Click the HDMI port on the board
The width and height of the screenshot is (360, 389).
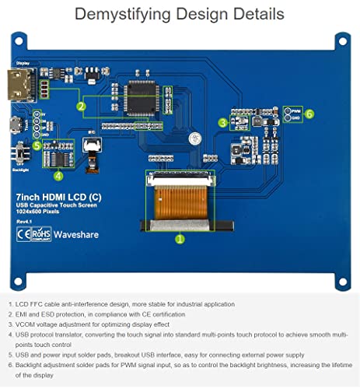pos(17,84)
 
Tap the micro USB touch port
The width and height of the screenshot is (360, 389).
pos(17,124)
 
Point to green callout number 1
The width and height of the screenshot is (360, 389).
pos(180,240)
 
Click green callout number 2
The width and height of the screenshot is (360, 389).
pos(80,106)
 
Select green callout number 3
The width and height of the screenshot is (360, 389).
pos(222,122)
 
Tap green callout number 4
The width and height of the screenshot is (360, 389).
pos(58,175)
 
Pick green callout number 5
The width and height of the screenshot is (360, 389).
pos(37,145)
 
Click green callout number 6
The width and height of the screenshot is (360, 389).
pos(309,114)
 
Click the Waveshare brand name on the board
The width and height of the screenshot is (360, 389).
pos(77,233)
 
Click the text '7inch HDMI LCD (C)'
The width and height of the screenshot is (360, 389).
pos(50,199)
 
